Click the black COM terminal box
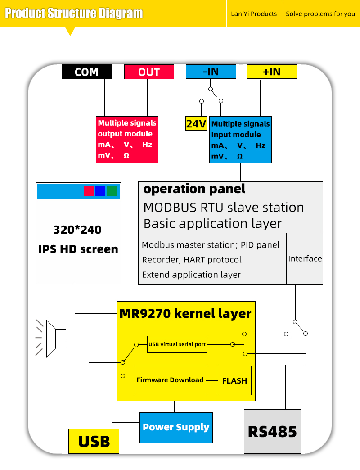tap(86, 72)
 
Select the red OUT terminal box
tap(149, 72)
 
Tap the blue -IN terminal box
tap(211, 72)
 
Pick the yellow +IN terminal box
tap(272, 72)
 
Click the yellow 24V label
tap(196, 124)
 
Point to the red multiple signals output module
tap(128, 139)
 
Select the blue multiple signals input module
tap(241, 140)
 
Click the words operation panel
tap(194, 189)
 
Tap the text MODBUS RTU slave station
tap(224, 208)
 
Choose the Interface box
tap(305, 258)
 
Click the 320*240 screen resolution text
tap(77, 230)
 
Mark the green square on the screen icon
tap(112, 191)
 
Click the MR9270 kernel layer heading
tap(185, 313)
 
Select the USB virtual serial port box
tap(177, 344)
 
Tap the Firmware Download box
tap(170, 380)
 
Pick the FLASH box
tap(234, 381)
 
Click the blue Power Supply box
tap(176, 427)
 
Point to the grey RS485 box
tap(272, 431)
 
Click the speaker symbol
tap(55, 339)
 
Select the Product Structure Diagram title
tap(74, 13)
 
